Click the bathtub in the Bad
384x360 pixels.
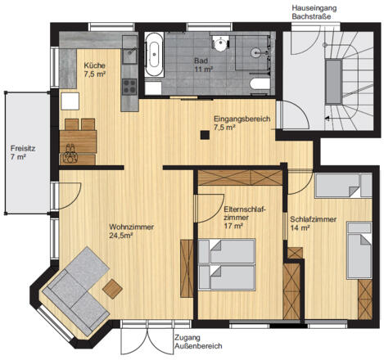(x=155, y=55)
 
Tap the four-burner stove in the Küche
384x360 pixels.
(x=129, y=87)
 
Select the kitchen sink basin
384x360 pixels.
(x=129, y=56)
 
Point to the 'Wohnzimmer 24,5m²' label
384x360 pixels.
(x=131, y=231)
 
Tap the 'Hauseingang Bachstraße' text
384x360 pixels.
(x=314, y=12)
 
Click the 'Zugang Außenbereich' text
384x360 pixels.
(x=198, y=342)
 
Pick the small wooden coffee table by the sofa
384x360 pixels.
(x=112, y=289)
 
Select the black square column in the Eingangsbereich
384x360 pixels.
(x=205, y=135)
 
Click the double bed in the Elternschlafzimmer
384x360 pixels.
(x=227, y=264)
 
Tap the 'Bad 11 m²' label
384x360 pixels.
(x=203, y=65)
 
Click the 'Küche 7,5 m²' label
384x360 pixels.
(x=95, y=70)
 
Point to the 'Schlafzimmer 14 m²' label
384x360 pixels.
(x=313, y=223)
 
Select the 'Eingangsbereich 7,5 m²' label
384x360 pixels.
(x=242, y=123)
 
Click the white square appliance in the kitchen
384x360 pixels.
(x=70, y=101)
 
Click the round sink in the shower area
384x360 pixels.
(x=256, y=52)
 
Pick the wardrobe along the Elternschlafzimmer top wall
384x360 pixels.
(x=240, y=178)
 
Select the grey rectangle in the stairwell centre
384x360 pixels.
(x=333, y=82)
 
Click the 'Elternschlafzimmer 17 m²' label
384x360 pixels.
(x=245, y=218)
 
